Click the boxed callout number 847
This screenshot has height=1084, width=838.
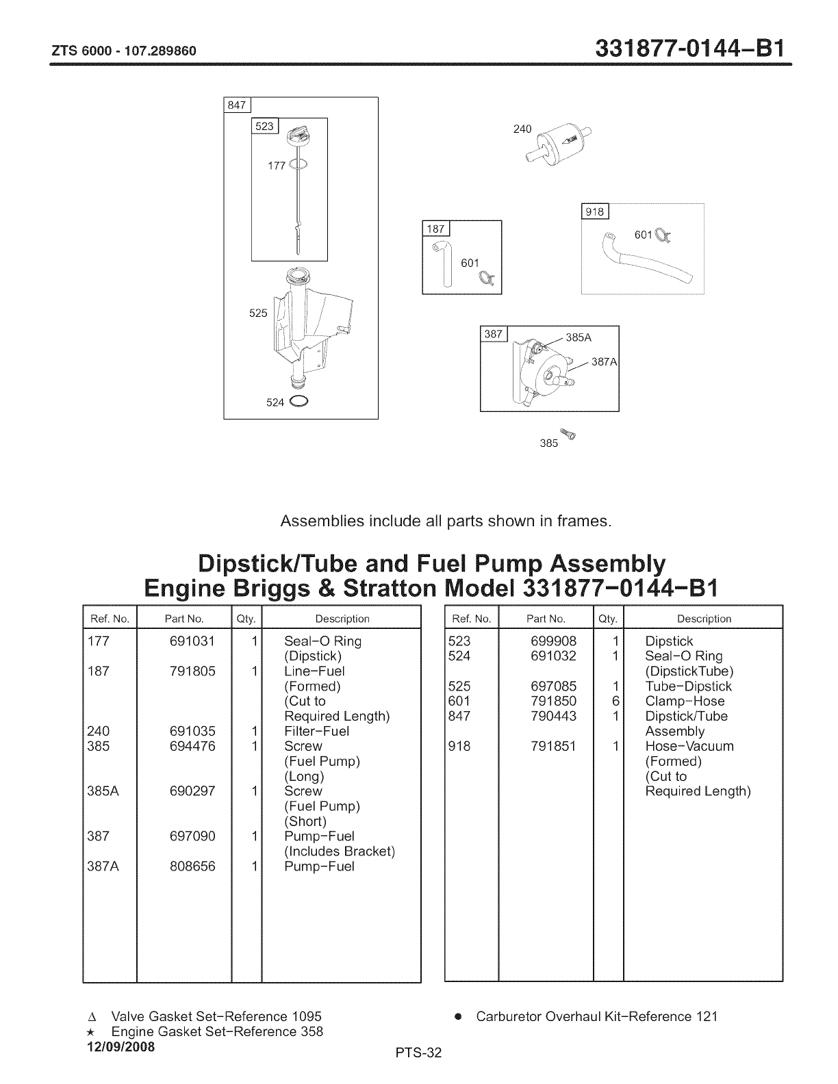coord(238,105)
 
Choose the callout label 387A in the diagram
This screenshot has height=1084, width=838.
coord(605,362)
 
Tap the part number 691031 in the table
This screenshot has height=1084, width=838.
coord(192,641)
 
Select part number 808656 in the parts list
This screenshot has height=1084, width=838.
coord(192,866)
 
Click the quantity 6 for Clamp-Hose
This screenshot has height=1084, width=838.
coord(615,701)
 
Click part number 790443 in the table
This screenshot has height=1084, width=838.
coord(553,717)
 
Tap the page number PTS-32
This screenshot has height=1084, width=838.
coord(419,1053)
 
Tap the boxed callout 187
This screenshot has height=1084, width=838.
coord(435,229)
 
